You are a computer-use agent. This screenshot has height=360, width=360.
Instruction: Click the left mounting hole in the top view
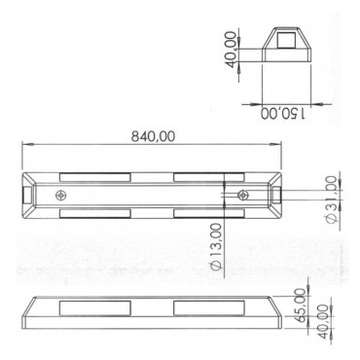(x=63, y=196)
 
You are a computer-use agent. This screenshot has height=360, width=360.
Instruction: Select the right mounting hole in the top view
(x=243, y=196)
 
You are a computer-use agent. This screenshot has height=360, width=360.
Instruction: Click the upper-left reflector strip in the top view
(x=95, y=177)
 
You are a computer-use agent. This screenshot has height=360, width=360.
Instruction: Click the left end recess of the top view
(x=27, y=196)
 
